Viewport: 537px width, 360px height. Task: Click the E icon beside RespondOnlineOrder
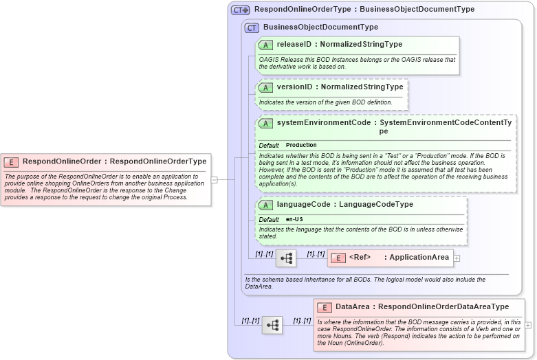click(x=11, y=162)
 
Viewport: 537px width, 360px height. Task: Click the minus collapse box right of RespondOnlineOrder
click(x=215, y=180)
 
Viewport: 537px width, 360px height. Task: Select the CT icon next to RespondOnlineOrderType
click(x=240, y=10)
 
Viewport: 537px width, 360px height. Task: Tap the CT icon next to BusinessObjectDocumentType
click(x=252, y=27)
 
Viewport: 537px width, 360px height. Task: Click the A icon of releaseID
click(x=265, y=45)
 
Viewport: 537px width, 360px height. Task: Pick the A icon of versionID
click(x=265, y=88)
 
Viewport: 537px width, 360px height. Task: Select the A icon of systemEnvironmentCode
click(x=265, y=124)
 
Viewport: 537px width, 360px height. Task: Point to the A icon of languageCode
click(x=265, y=205)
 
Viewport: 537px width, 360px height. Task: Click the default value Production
click(x=301, y=146)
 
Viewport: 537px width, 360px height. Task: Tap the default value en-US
click(x=294, y=219)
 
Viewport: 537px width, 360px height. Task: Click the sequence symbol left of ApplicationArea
click(x=286, y=258)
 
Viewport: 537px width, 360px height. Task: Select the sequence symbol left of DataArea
click(x=272, y=325)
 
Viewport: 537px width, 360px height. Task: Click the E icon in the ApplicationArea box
click(x=338, y=258)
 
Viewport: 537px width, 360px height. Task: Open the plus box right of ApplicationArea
click(x=457, y=258)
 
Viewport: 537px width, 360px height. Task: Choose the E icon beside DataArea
click(x=325, y=308)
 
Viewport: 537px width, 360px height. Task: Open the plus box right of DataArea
click(x=528, y=325)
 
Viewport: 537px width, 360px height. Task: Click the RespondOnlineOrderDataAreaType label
click(x=444, y=307)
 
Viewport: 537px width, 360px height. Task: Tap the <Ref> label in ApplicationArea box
click(x=360, y=258)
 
